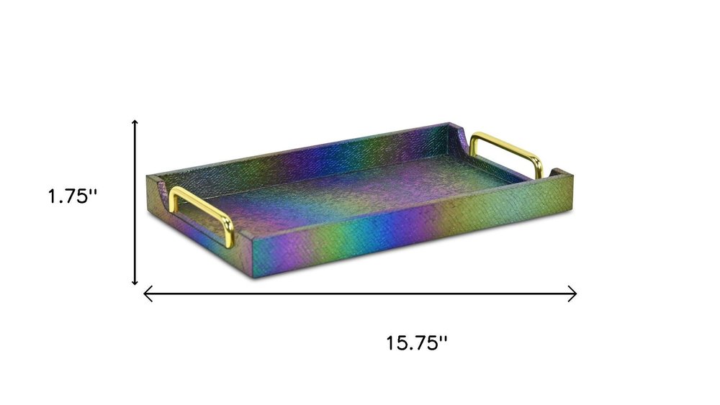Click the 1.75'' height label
(73, 196)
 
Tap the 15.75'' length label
(416, 343)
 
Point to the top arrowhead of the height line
(135, 122)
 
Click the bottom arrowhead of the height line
(135, 281)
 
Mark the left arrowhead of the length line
(148, 293)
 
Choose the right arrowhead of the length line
(572, 293)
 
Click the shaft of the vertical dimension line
(135, 202)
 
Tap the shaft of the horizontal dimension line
(360, 293)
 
